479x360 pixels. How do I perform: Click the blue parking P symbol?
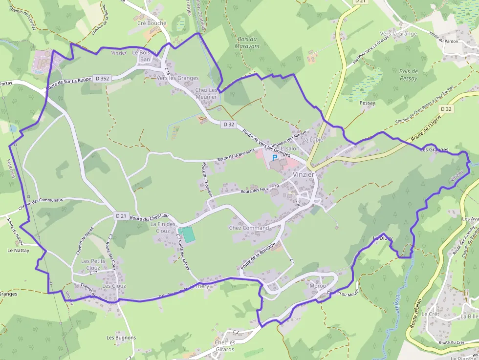tap(275, 158)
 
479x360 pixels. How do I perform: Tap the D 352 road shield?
tap(102, 78)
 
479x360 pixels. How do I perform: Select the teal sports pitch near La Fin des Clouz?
tap(186, 234)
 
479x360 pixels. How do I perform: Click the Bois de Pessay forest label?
tap(408, 75)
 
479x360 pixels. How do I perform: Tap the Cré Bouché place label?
tap(152, 23)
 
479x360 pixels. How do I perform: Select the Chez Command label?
tap(249, 228)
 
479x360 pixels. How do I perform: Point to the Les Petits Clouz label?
tap(90, 264)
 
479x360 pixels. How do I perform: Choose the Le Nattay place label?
tap(18, 250)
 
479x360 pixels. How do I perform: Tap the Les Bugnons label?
tap(121, 338)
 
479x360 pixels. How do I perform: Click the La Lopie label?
tap(312, 140)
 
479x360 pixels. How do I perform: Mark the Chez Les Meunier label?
tap(206, 93)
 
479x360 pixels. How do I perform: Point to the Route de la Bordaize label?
tap(258, 255)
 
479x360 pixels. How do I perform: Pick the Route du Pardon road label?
tap(443, 38)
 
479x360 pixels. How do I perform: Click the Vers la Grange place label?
tap(398, 34)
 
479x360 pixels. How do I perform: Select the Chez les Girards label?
tap(225, 346)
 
